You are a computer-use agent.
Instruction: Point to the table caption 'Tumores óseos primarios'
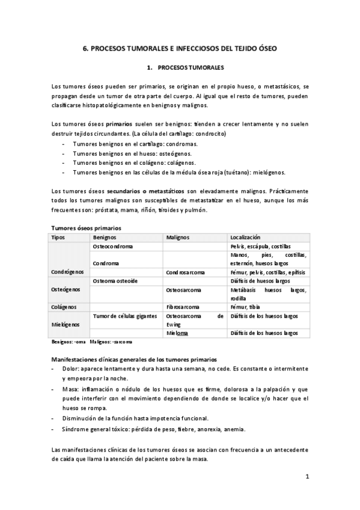(86, 228)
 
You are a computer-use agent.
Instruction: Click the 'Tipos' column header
(58, 238)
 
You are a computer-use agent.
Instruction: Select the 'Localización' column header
(245, 238)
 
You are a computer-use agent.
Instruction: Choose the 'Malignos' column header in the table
(178, 238)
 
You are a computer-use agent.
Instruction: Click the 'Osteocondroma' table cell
(113, 247)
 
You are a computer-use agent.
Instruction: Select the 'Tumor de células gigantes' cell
(125, 315)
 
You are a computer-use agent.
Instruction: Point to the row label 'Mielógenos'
(66, 324)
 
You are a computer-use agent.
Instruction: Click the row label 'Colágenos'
(64, 307)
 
